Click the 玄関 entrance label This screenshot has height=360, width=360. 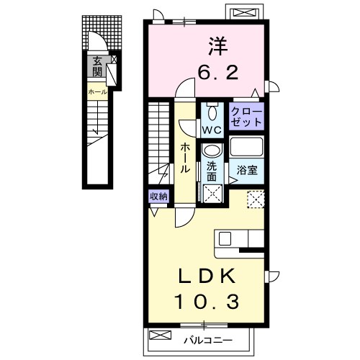[x=97, y=66]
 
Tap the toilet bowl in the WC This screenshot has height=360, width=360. [x=212, y=112]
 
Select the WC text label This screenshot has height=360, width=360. [x=212, y=130]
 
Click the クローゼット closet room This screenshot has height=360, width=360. [x=246, y=117]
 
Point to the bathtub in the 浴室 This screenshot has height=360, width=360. [x=247, y=147]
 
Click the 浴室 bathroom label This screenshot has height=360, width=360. [x=247, y=170]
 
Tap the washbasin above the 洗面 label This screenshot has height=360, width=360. [x=212, y=150]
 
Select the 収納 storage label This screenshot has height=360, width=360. [x=158, y=197]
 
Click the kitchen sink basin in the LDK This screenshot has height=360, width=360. [x=225, y=239]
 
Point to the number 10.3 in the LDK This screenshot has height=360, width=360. [x=207, y=302]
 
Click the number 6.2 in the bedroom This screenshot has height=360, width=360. [x=217, y=72]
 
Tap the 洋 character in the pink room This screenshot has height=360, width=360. [x=218, y=46]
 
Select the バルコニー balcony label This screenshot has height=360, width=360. [x=208, y=341]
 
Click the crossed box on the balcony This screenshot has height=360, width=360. [x=160, y=335]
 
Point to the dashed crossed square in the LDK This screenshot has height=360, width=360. [x=256, y=199]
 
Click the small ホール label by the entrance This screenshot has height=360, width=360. [x=98, y=91]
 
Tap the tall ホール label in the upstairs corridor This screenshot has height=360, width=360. [x=185, y=158]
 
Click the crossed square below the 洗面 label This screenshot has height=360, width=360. [x=213, y=194]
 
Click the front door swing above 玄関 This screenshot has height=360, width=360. [x=97, y=41]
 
